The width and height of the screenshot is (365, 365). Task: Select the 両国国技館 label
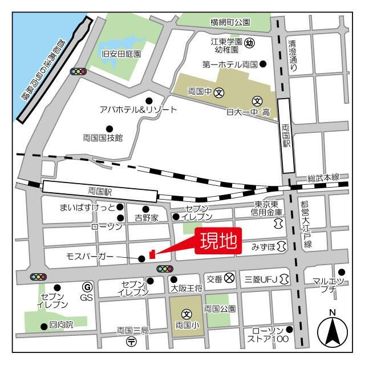(103, 137)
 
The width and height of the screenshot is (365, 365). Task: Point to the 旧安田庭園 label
(121, 54)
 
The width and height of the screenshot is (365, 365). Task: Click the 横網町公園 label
(230, 23)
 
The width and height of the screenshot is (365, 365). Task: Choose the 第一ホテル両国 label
(230, 64)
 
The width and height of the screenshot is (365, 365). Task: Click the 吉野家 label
(146, 217)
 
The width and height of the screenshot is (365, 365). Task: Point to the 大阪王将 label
(186, 289)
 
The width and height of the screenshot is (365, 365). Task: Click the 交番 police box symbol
(229, 278)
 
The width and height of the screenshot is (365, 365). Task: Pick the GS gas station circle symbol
(87, 287)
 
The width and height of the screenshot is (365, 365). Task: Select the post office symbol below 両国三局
(132, 342)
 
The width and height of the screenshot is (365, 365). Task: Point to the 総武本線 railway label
(323, 178)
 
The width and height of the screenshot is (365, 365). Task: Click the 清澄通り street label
(293, 55)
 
